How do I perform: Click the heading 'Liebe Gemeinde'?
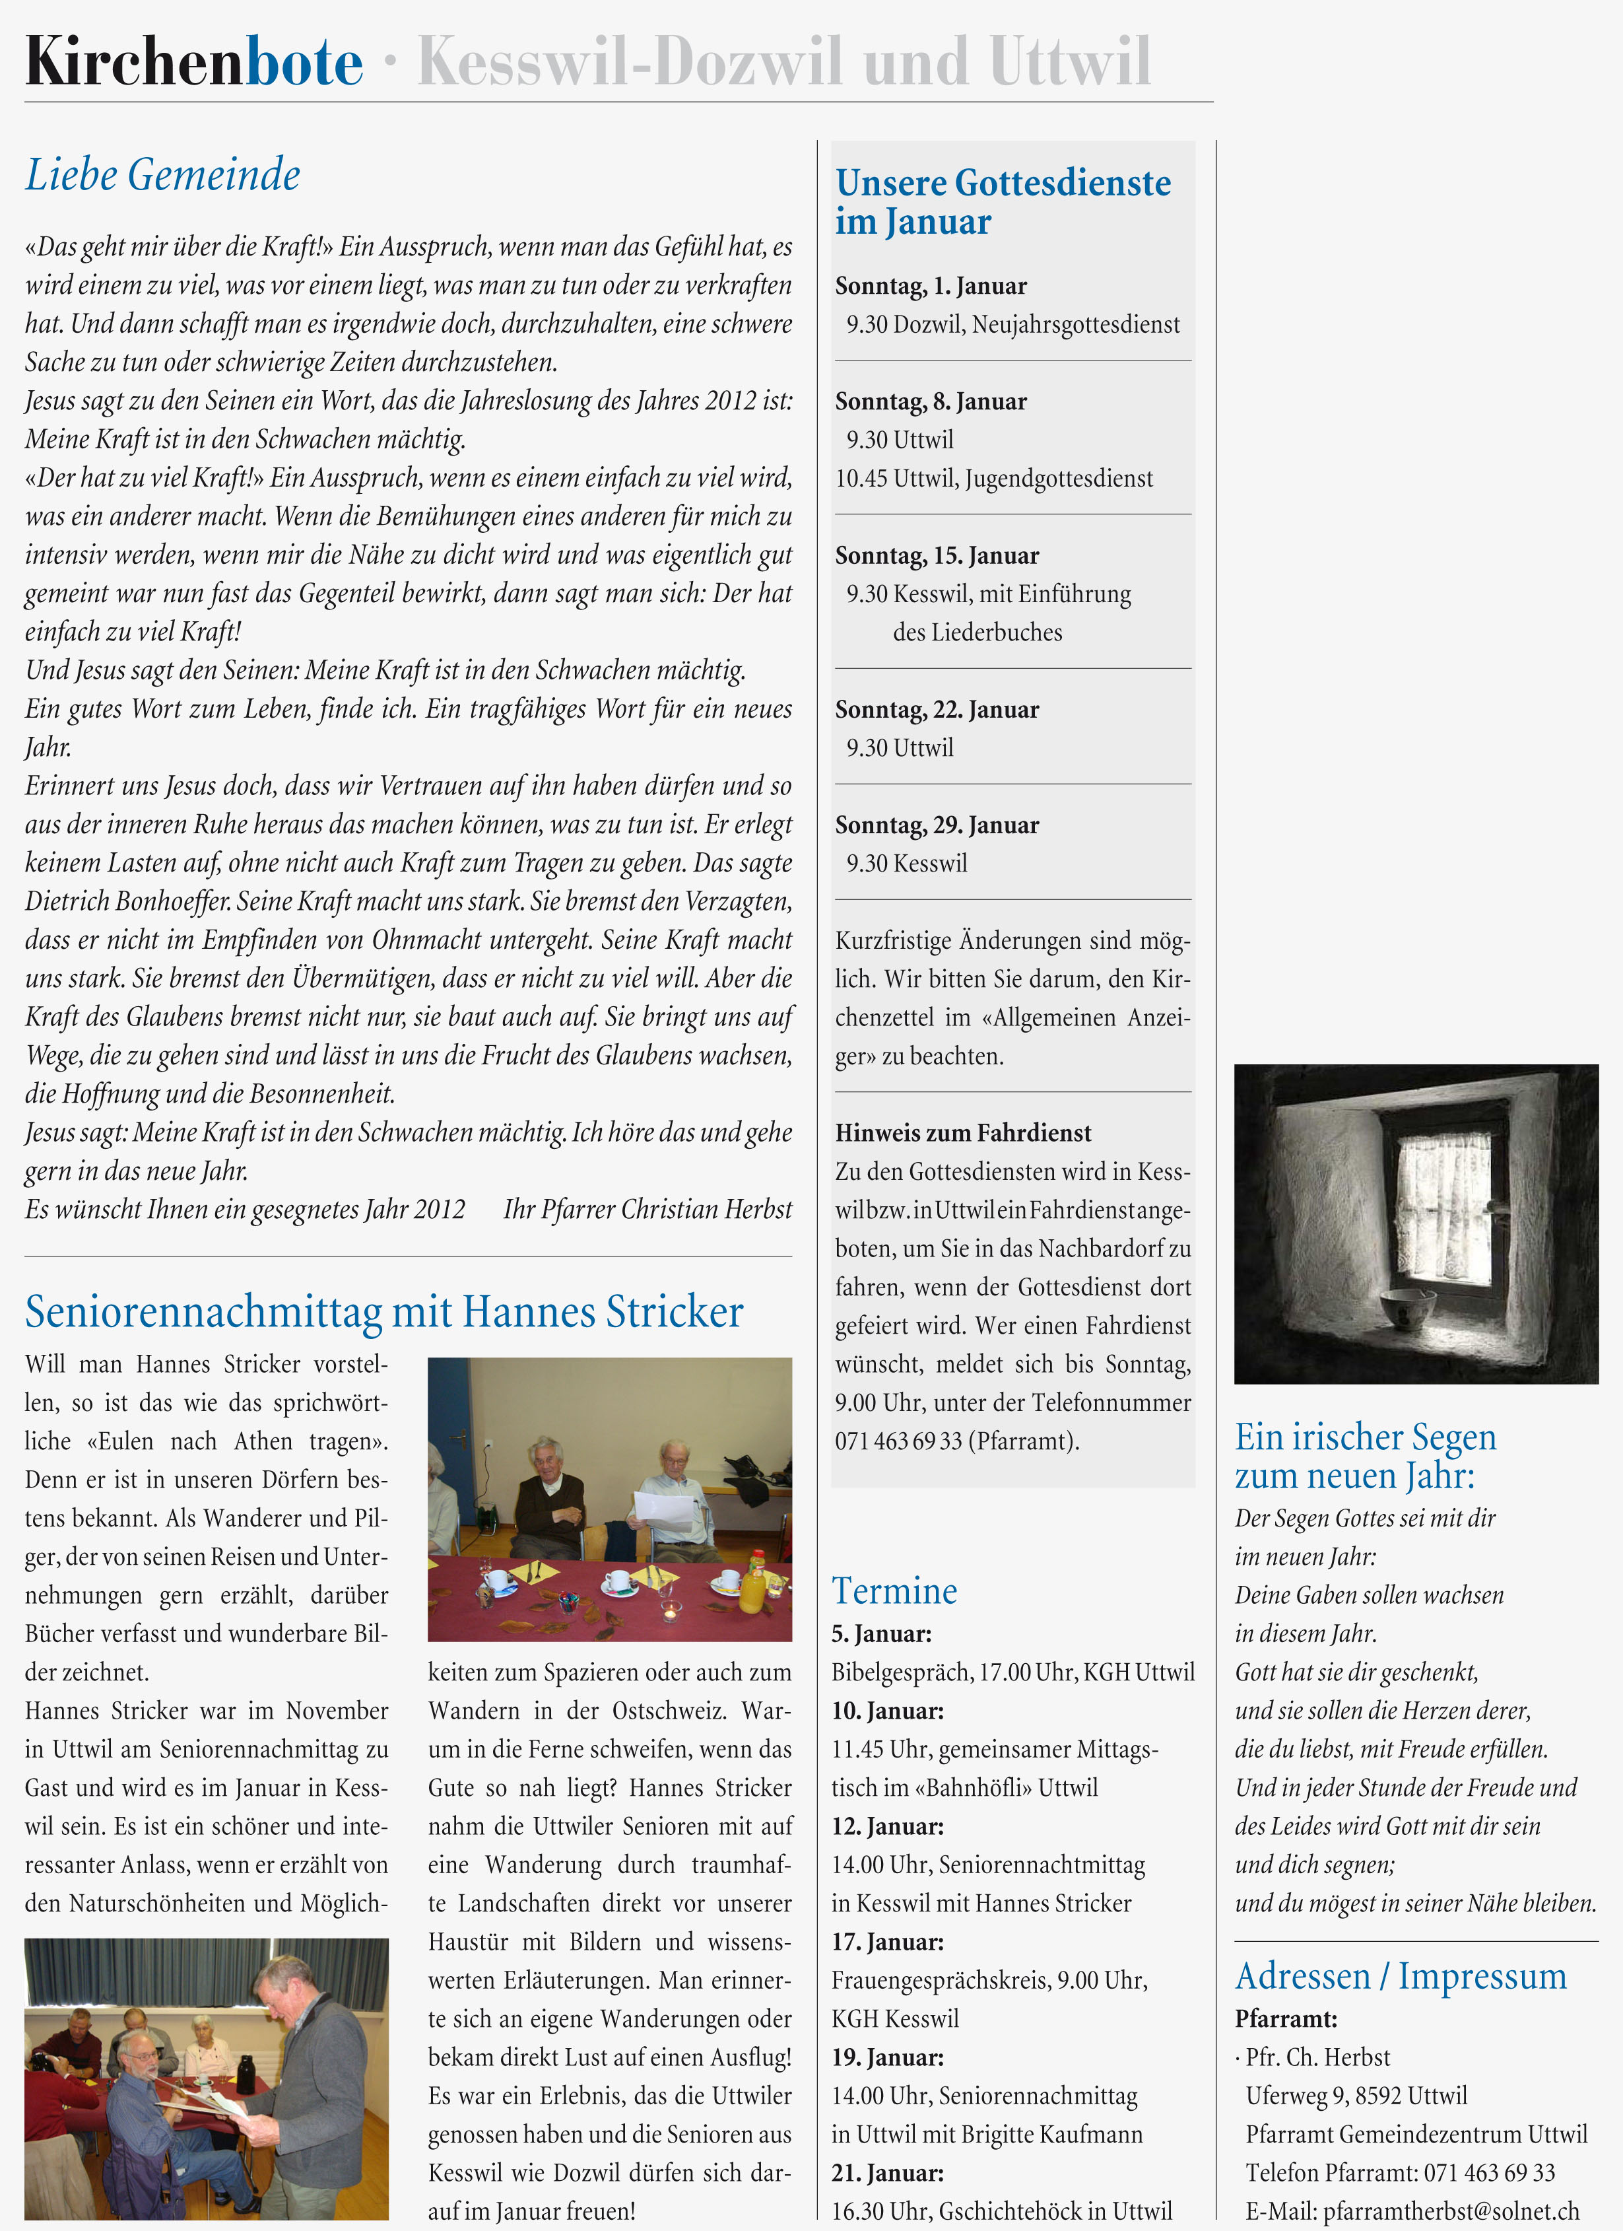(162, 175)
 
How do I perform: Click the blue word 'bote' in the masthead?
(304, 62)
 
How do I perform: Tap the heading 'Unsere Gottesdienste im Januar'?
(1003, 201)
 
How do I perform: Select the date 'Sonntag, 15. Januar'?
(937, 556)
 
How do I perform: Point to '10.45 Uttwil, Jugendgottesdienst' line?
(993, 479)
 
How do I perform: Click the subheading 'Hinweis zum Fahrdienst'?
(963, 1133)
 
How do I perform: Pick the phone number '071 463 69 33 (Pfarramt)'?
(956, 1442)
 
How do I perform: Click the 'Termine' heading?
(894, 1591)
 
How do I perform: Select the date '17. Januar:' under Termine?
(887, 1942)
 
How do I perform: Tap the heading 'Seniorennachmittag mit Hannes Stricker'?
(383, 1312)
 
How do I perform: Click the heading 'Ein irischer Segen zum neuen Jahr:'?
(1366, 1456)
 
